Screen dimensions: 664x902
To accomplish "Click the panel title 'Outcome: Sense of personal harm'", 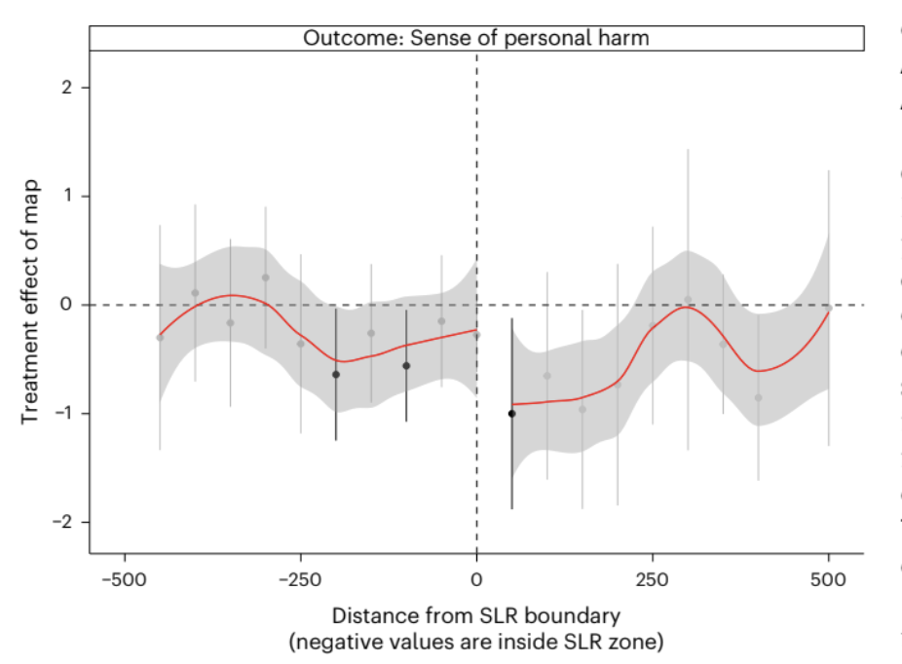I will [x=475, y=38].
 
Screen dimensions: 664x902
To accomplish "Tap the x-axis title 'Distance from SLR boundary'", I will [x=476, y=616].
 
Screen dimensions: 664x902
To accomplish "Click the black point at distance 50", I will [x=511, y=414].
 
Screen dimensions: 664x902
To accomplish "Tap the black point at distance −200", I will [x=336, y=374].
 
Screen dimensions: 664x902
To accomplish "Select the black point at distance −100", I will [x=406, y=366].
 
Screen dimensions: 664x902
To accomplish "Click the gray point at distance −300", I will [x=265, y=277].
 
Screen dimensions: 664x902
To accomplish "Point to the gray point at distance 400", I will [x=758, y=397].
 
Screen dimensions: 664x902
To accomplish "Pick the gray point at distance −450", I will [x=160, y=337].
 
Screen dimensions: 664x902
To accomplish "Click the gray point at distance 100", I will [x=546, y=376].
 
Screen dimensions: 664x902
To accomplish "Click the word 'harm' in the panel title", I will [x=626, y=38].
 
